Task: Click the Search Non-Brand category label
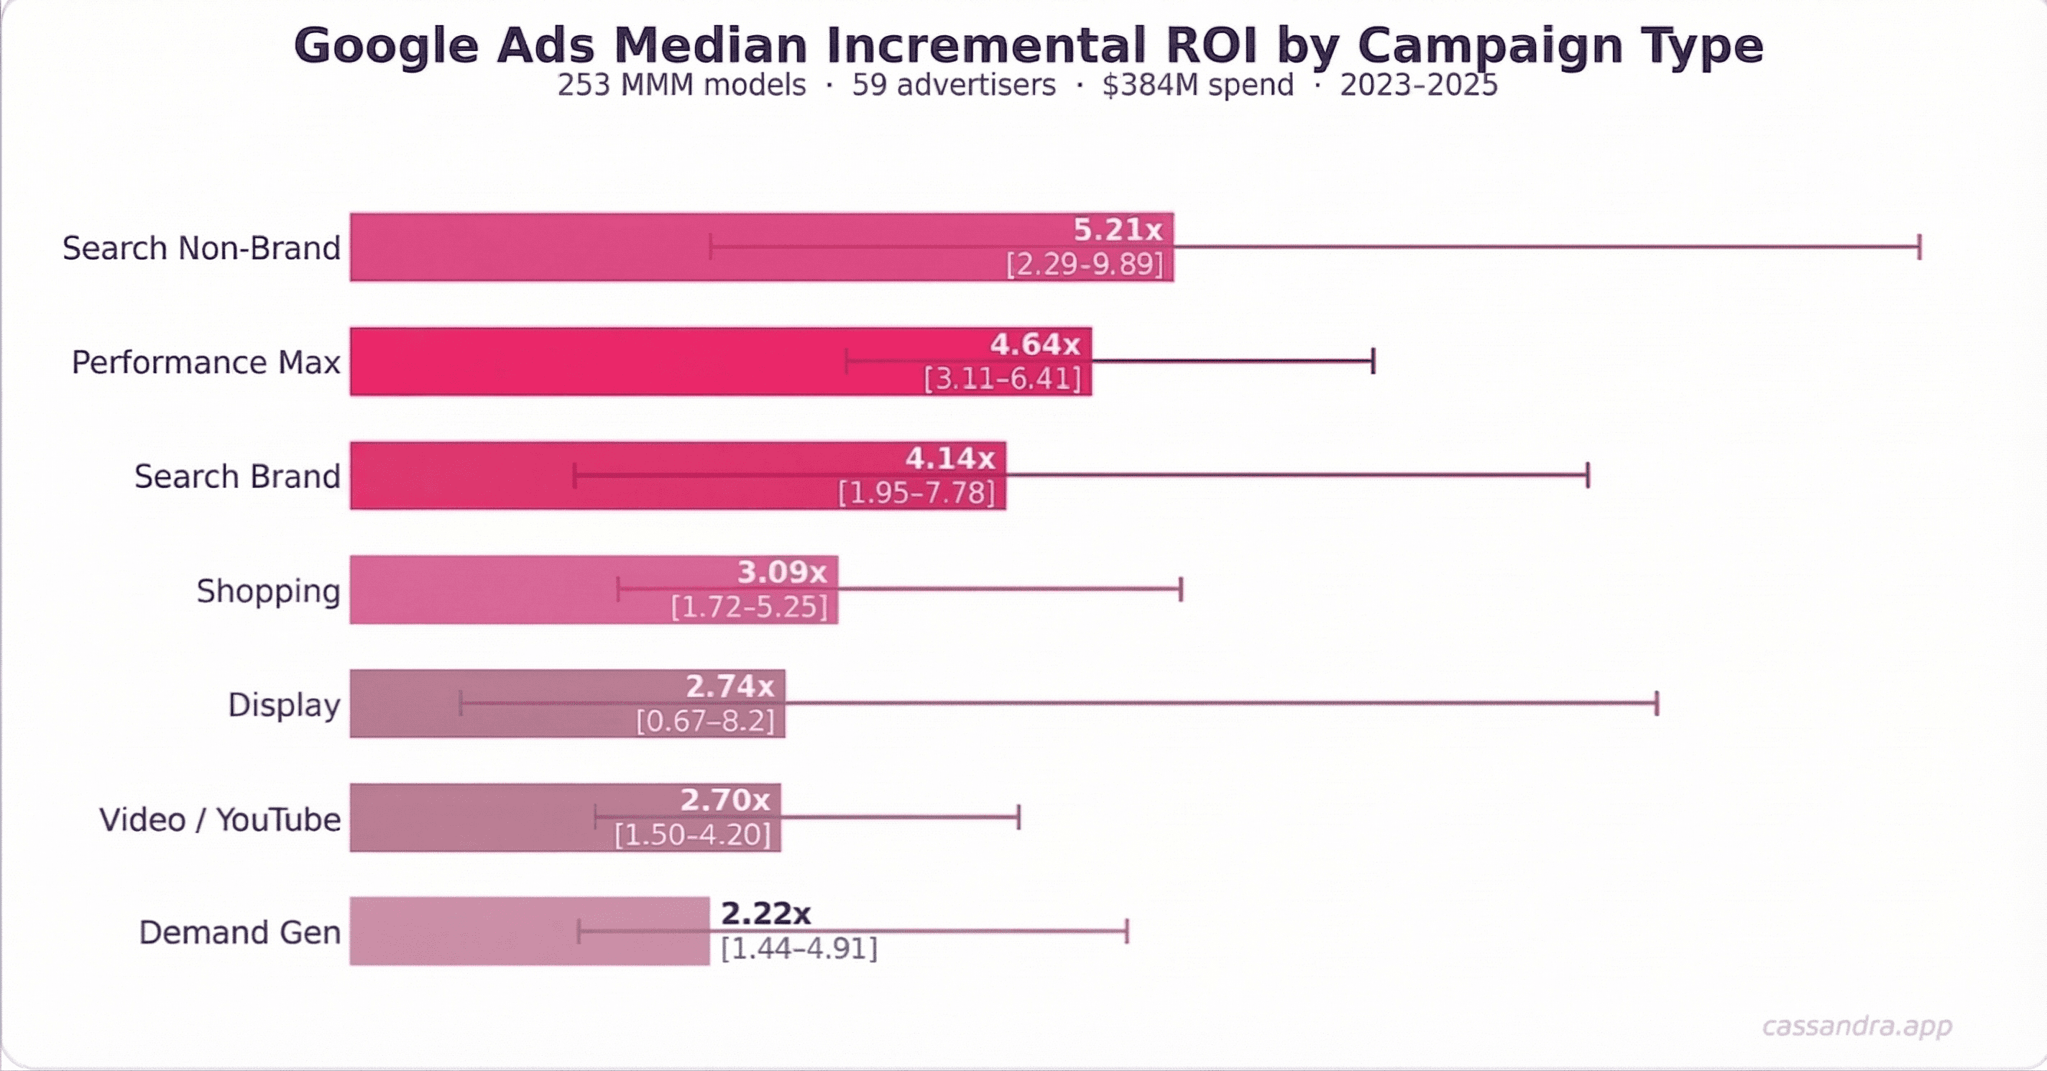(201, 248)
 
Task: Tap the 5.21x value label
(1117, 229)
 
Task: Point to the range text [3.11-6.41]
(1002, 378)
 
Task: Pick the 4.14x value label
(949, 459)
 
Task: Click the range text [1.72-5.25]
(748, 607)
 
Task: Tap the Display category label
(284, 704)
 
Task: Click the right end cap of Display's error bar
(1657, 703)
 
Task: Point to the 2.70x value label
(724, 800)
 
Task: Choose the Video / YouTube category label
(219, 819)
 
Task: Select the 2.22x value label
(765, 914)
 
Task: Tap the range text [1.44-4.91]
(799, 949)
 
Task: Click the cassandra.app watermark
(1857, 1026)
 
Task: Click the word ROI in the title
(1211, 45)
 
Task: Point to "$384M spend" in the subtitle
(1197, 85)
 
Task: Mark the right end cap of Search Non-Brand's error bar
(1919, 247)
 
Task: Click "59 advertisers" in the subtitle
(954, 85)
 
